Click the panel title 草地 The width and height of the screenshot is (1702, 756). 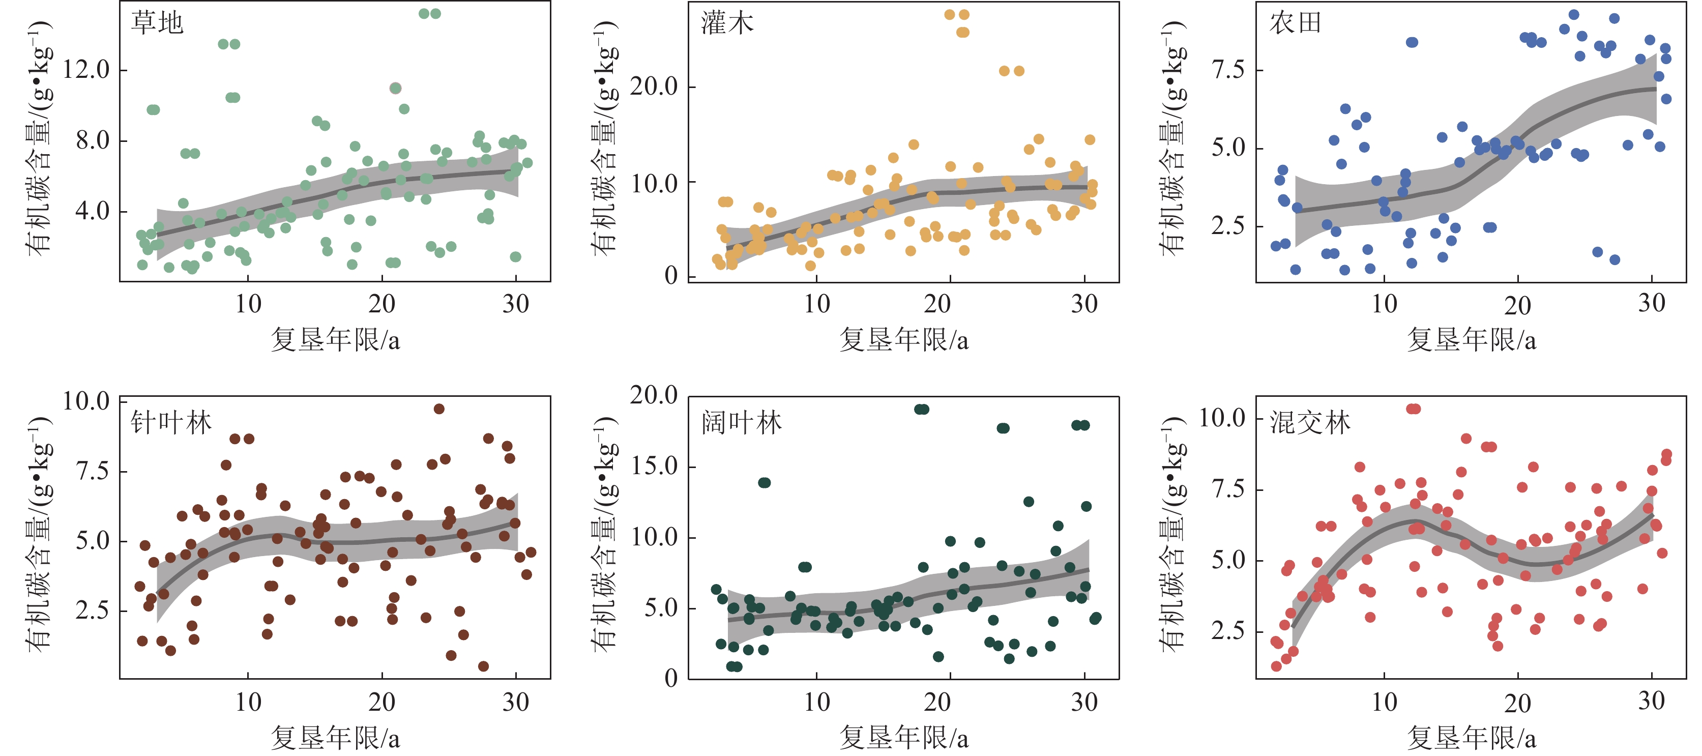pos(157,23)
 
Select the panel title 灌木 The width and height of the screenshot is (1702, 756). pos(727,23)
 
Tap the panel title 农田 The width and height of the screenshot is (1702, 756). pos(1295,23)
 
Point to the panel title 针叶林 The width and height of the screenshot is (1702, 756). pos(171,422)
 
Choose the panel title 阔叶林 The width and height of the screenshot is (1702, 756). pos(741,422)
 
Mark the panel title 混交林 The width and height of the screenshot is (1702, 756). pos(1309,422)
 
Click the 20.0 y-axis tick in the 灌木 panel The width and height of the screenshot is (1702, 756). pos(654,86)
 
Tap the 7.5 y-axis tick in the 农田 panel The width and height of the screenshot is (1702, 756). pos(1227,69)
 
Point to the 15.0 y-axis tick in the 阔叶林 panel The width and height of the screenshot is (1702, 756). pos(654,466)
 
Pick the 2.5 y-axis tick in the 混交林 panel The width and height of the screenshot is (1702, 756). pos(1227,630)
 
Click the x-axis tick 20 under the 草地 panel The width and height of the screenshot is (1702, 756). pos(382,304)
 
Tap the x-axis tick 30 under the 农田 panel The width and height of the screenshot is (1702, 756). pos(1652,303)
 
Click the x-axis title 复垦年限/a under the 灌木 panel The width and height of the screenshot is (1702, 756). pos(904,340)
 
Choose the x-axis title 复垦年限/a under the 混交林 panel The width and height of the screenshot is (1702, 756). pos(1472,738)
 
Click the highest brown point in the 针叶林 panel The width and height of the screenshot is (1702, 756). pos(438,409)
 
